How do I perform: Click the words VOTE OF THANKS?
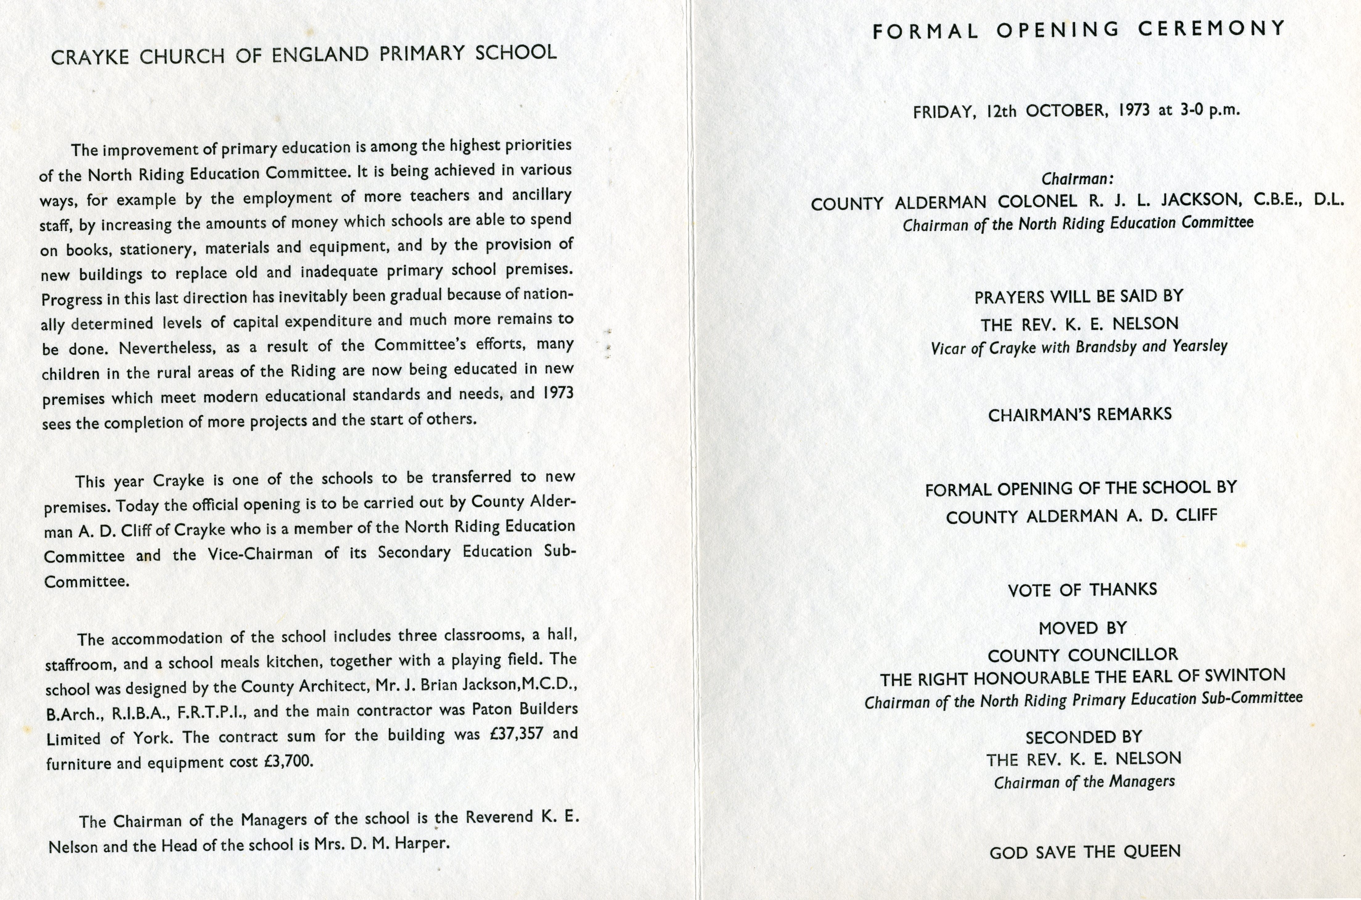point(1082,590)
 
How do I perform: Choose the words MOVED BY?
point(1083,628)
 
